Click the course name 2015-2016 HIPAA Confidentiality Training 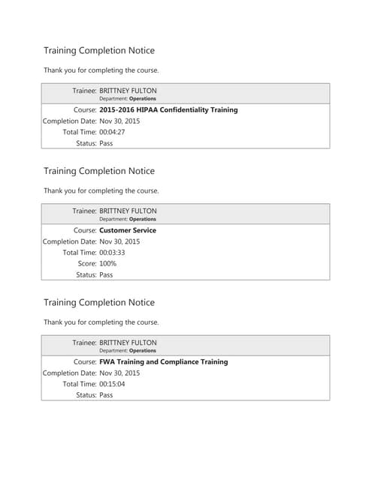pyautogui.click(x=168, y=109)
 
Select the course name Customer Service pyautogui.click(x=128, y=230)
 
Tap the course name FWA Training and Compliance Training pyautogui.click(x=163, y=361)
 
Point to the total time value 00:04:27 pyautogui.click(x=112, y=132)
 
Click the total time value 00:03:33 pyautogui.click(x=112, y=253)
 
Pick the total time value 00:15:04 pyautogui.click(x=112, y=384)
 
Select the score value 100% pyautogui.click(x=108, y=264)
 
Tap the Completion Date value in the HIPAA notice pyautogui.click(x=119, y=121)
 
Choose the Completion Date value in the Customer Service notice pyautogui.click(x=119, y=241)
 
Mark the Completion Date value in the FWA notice pyautogui.click(x=119, y=373)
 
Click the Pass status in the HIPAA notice pyautogui.click(x=106, y=143)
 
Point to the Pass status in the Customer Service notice pyautogui.click(x=106, y=275)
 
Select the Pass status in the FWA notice pyautogui.click(x=106, y=395)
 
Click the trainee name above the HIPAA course pyautogui.click(x=128, y=90)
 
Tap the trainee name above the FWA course pyautogui.click(x=128, y=342)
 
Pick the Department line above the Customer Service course pyautogui.click(x=128, y=219)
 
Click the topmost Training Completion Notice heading pyautogui.click(x=99, y=51)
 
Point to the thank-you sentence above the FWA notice pyautogui.click(x=101, y=322)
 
